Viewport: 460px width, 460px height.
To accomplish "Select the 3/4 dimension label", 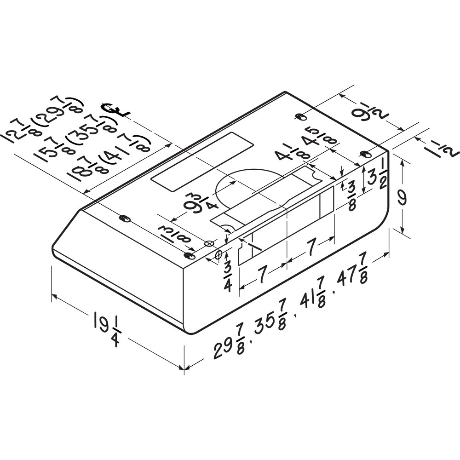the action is click(x=228, y=276).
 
